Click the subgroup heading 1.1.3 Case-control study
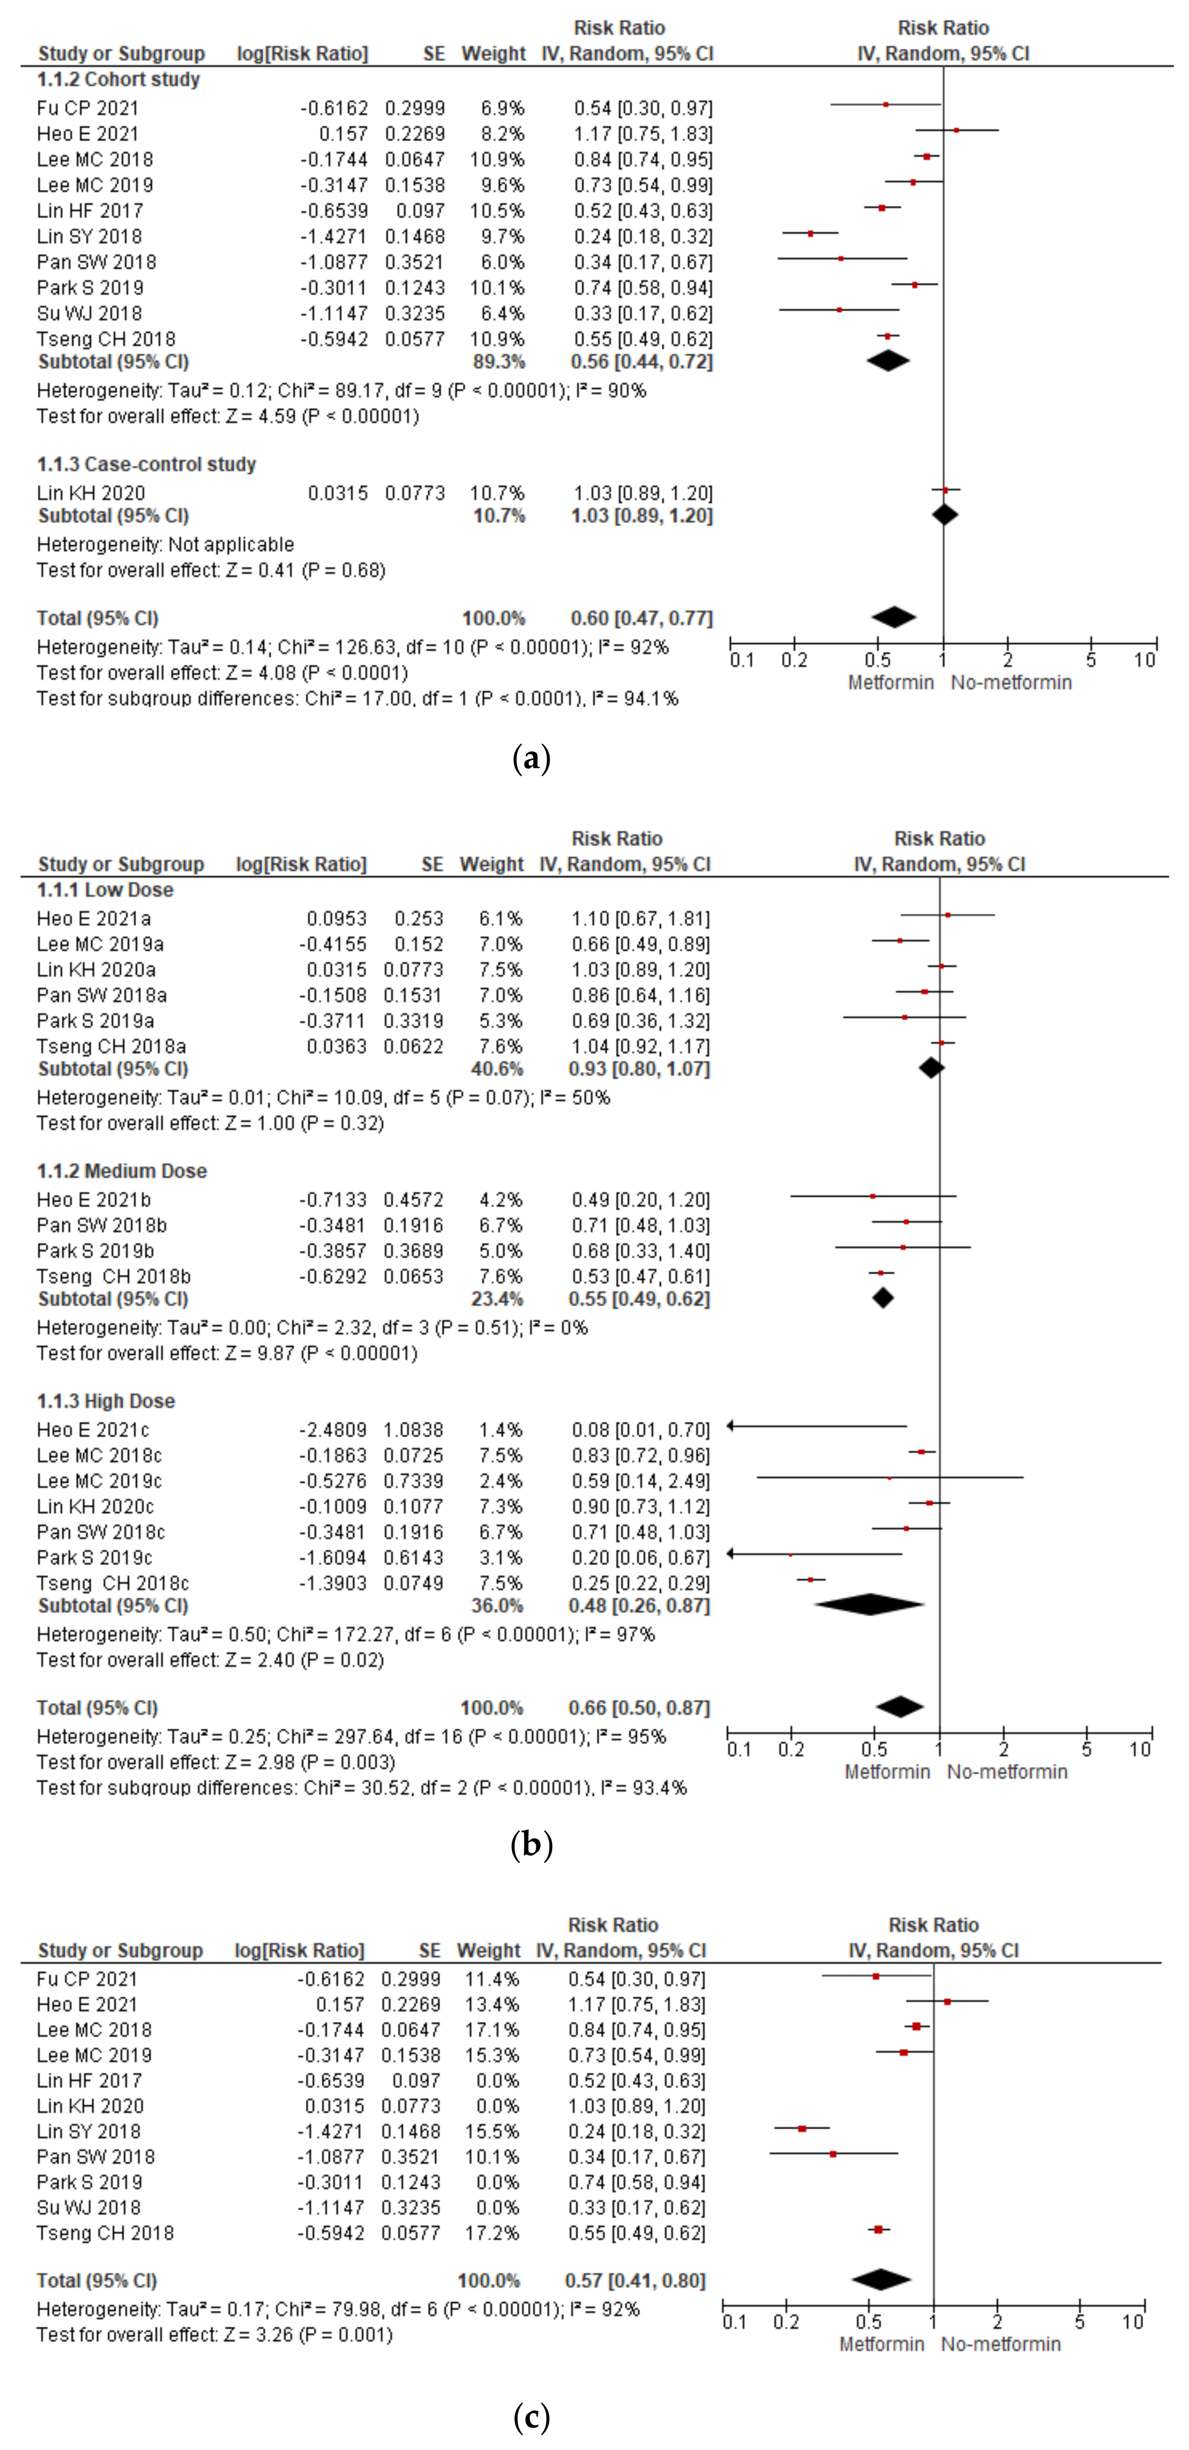point(147,464)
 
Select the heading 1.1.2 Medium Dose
point(122,1171)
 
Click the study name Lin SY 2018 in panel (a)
point(89,236)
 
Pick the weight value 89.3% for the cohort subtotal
point(499,361)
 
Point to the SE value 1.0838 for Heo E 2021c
point(413,1429)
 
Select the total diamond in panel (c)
point(881,2280)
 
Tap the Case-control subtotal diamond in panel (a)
point(943,515)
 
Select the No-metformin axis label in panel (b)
point(1007,1772)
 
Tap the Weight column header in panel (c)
point(489,1951)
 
